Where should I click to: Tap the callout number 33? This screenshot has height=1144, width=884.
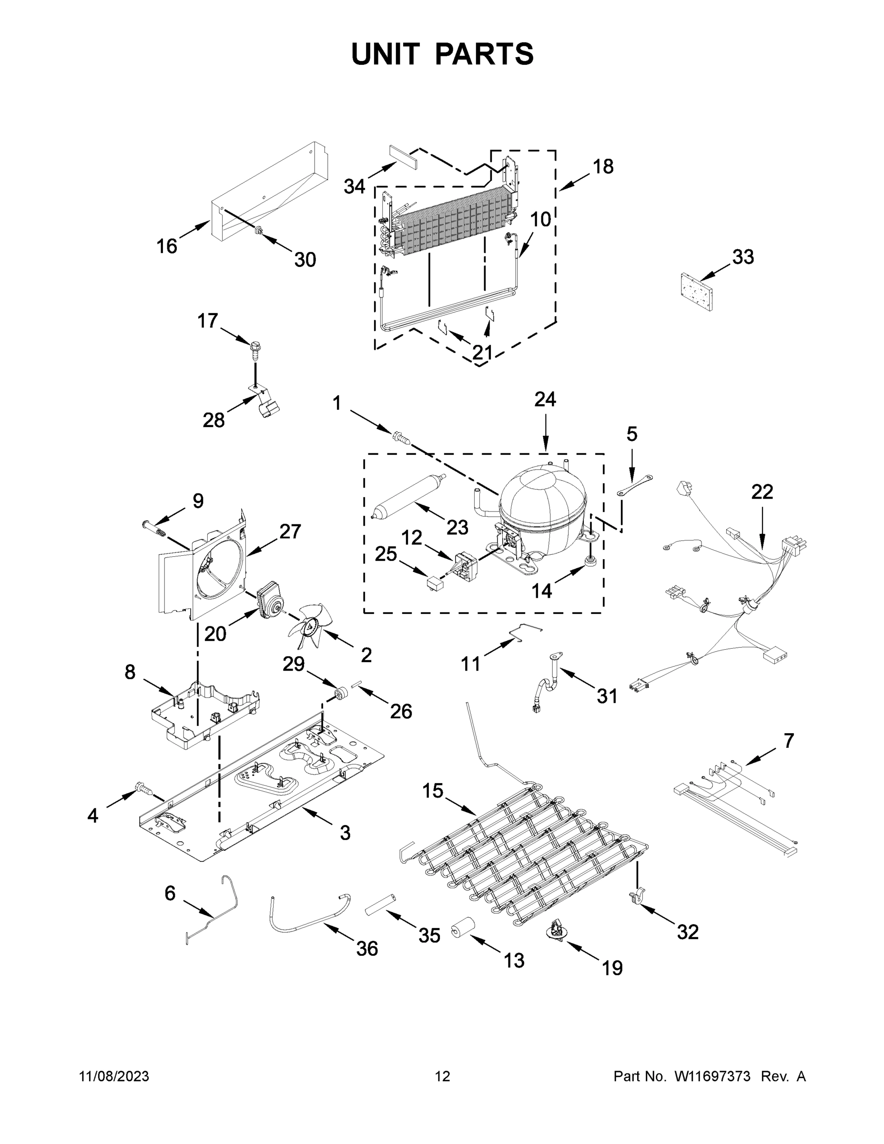[x=742, y=256]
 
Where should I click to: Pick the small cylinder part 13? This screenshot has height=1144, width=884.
[x=462, y=929]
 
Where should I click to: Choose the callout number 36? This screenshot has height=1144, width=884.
[x=366, y=948]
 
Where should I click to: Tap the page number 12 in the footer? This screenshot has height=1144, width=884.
[x=442, y=1076]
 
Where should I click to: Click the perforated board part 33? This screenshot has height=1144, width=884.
[x=697, y=292]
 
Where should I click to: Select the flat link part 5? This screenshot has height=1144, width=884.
[x=635, y=484]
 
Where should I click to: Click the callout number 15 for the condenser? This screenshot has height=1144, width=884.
[x=433, y=790]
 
